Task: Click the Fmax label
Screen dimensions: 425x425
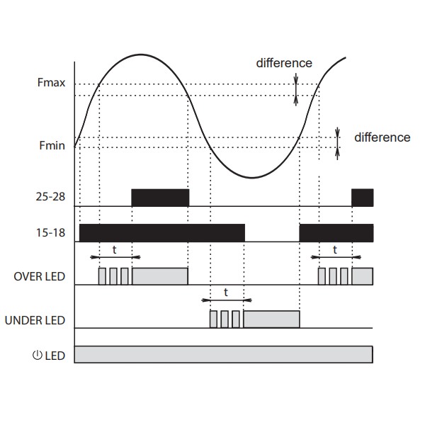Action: [x=51, y=82]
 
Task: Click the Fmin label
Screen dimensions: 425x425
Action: [x=52, y=145]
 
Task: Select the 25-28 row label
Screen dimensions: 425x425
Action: [x=50, y=196]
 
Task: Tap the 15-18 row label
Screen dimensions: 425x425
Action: [x=50, y=232]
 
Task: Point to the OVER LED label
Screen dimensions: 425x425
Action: [x=39, y=276]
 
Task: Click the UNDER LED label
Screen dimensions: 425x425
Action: [x=35, y=320]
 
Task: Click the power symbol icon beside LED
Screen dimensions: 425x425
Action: [x=38, y=355]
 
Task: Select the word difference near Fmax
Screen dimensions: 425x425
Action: [x=284, y=63]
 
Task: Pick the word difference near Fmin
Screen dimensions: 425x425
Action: [x=382, y=137]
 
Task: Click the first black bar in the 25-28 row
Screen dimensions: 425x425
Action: [x=160, y=198]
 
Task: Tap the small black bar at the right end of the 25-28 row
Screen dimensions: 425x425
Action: [x=363, y=198]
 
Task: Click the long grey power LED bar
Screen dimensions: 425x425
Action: [x=224, y=354]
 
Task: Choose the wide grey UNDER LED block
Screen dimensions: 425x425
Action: [x=271, y=319]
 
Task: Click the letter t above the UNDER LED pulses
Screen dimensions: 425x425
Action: [x=226, y=293]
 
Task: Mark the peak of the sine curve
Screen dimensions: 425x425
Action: [x=141, y=55]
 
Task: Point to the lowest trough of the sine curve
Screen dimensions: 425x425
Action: [x=251, y=178]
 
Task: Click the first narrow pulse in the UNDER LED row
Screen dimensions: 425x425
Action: [x=213, y=319]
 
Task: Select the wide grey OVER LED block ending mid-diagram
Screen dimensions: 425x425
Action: [x=160, y=276]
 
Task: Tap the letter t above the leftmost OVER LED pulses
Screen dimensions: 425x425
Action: [x=114, y=249]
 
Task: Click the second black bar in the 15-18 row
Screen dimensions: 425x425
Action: [x=336, y=233]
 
